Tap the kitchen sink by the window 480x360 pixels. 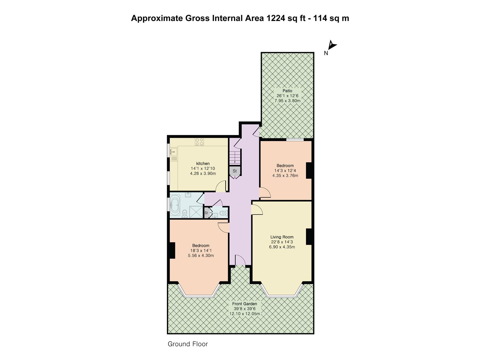click(x=174, y=151)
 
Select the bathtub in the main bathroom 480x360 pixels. click(x=175, y=205)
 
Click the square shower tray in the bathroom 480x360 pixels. click(x=196, y=212)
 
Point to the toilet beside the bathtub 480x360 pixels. click(x=185, y=214)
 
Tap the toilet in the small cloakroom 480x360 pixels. click(x=223, y=213)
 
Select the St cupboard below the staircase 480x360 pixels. click(x=235, y=171)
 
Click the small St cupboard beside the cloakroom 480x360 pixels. click(x=206, y=213)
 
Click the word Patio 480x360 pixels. click(x=287, y=91)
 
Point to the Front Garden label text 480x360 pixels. click(x=244, y=304)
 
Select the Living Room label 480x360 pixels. click(x=282, y=237)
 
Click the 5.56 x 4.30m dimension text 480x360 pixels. click(x=201, y=256)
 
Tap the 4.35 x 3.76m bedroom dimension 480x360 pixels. click(x=285, y=176)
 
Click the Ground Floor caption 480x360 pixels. click(x=188, y=344)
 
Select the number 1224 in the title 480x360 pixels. click(x=276, y=18)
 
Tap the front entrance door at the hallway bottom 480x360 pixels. click(x=240, y=260)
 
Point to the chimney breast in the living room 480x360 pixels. click(x=309, y=237)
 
